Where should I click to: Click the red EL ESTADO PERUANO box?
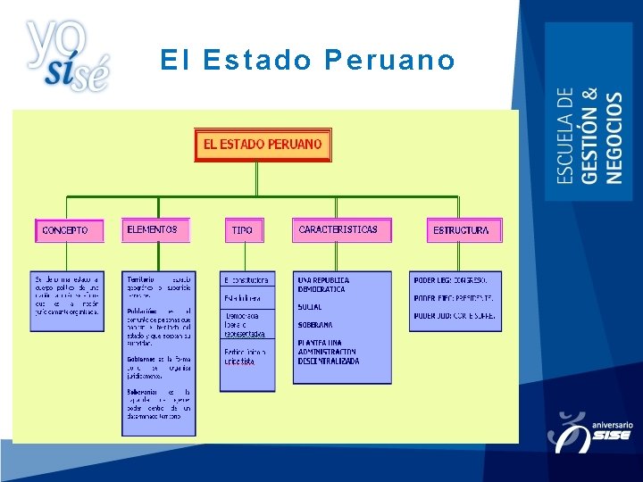point(263,145)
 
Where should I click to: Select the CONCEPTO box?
point(69,230)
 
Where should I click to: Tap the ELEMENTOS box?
point(157,229)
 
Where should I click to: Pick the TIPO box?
point(242,230)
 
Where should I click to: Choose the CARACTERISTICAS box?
point(341,229)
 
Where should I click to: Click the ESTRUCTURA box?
point(463,230)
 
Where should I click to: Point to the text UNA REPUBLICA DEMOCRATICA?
point(323,285)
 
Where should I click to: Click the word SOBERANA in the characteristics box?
point(315,325)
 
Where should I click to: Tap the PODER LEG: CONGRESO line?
point(450,280)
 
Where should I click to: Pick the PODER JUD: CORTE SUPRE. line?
point(454,316)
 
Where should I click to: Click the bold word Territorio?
point(141,279)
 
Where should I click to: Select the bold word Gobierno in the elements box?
point(143,358)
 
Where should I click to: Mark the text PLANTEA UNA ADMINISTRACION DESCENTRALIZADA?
point(329,352)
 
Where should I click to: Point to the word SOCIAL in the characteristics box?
point(310,307)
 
